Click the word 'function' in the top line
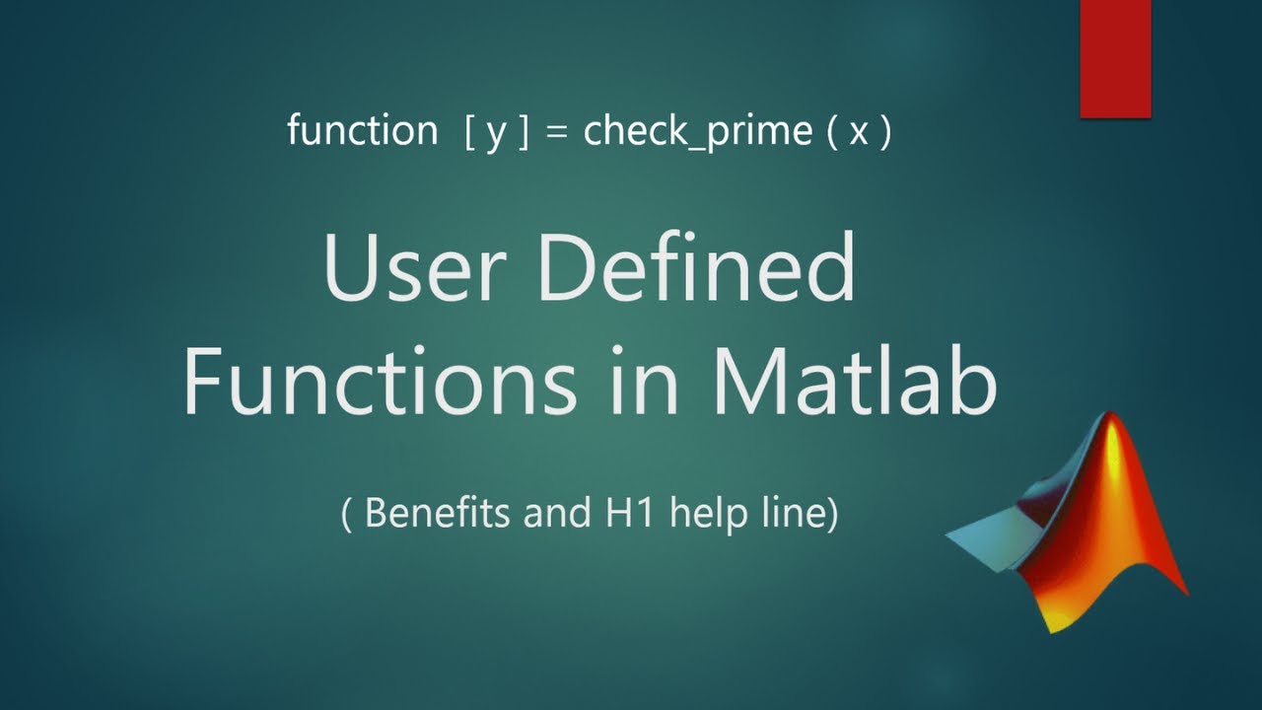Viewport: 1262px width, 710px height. click(x=362, y=131)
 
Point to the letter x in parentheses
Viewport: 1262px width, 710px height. click(x=859, y=133)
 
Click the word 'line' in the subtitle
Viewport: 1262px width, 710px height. click(x=793, y=514)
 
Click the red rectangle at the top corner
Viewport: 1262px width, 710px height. click(x=1115, y=57)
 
